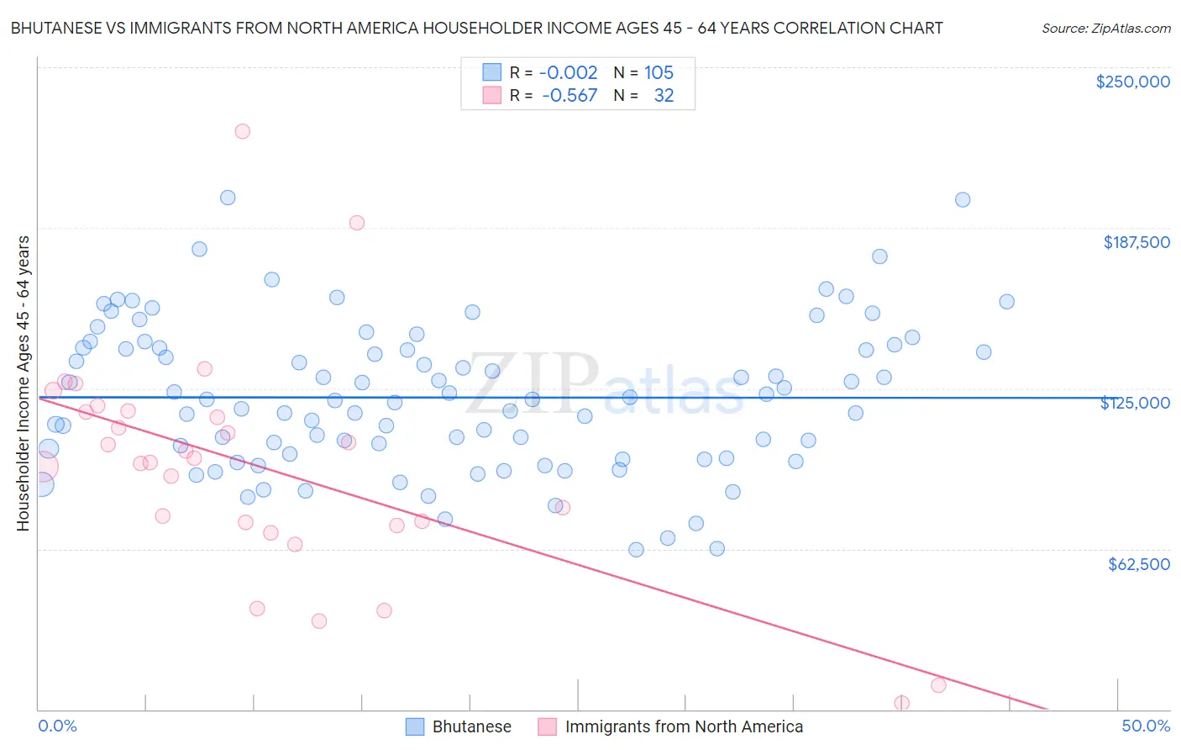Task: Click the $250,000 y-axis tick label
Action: (x=1132, y=82)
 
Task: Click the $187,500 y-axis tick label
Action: (x=1136, y=242)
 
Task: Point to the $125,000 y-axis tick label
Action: (x=1135, y=403)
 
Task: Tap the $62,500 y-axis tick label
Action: (x=1138, y=564)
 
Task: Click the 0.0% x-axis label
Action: (x=57, y=726)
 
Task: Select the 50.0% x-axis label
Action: (x=1145, y=726)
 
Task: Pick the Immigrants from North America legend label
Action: (x=683, y=726)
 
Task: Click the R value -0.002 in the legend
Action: (x=568, y=72)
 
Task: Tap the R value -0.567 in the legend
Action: (x=569, y=96)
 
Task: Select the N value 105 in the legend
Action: (x=659, y=72)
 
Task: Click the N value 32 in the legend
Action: (x=664, y=96)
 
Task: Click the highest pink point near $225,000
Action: (x=242, y=131)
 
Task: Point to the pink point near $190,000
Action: (x=356, y=223)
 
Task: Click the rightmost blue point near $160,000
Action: (x=1006, y=302)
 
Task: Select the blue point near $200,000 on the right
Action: (x=963, y=200)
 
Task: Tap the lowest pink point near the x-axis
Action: (x=901, y=703)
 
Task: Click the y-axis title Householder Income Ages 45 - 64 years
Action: (x=23, y=383)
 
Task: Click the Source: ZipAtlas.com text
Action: (x=1105, y=28)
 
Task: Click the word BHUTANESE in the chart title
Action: (x=59, y=28)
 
